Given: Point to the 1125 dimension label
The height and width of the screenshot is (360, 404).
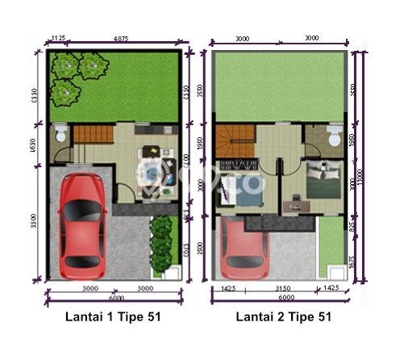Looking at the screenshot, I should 58,38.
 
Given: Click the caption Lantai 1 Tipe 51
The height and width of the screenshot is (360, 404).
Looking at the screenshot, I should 113,317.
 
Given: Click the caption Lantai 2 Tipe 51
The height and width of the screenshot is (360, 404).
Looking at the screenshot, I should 283,317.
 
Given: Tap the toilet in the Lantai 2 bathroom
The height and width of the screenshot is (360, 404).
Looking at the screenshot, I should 333,136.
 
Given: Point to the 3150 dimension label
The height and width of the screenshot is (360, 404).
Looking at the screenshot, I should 282,287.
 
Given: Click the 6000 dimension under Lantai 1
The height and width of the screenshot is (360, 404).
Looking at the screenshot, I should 113,298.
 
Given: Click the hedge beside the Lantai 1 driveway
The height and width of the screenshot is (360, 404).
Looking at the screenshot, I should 162,242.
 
